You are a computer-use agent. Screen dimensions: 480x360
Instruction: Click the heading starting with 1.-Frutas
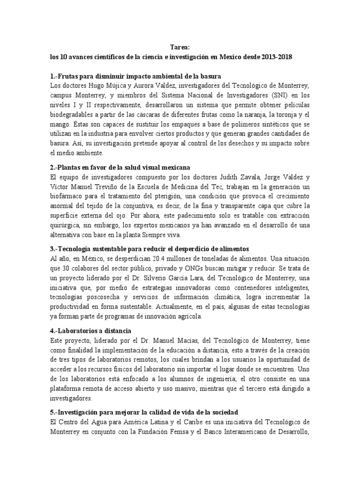pos(136,76)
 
